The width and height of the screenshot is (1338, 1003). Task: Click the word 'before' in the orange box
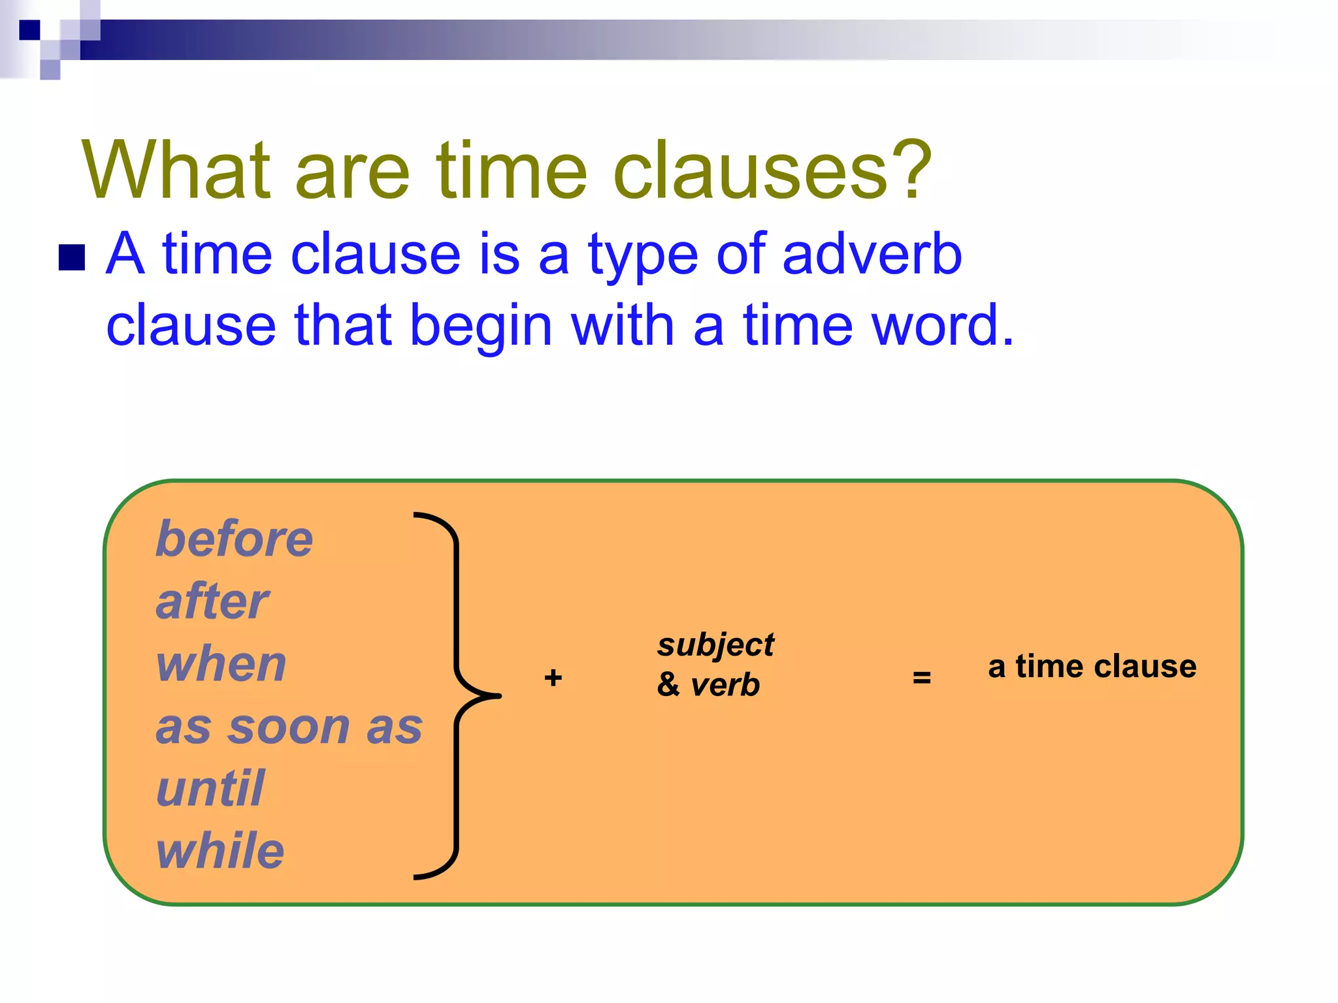234,539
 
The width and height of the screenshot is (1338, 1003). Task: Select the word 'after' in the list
212,602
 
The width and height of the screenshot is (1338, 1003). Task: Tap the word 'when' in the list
221,664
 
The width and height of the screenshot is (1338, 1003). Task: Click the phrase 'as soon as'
289,727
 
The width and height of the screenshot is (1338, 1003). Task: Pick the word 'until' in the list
210,789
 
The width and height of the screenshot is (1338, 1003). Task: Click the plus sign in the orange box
553,678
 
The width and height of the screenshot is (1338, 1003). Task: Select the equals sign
921,678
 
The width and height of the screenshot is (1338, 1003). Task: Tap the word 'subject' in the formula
715,646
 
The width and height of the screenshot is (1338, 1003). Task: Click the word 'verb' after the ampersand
725,685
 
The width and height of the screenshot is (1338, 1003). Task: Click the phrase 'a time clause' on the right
1092,667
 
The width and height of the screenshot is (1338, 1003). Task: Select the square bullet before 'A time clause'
72,257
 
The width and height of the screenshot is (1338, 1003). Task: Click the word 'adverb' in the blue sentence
872,255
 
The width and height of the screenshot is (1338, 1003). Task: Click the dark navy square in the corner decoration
29,30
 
